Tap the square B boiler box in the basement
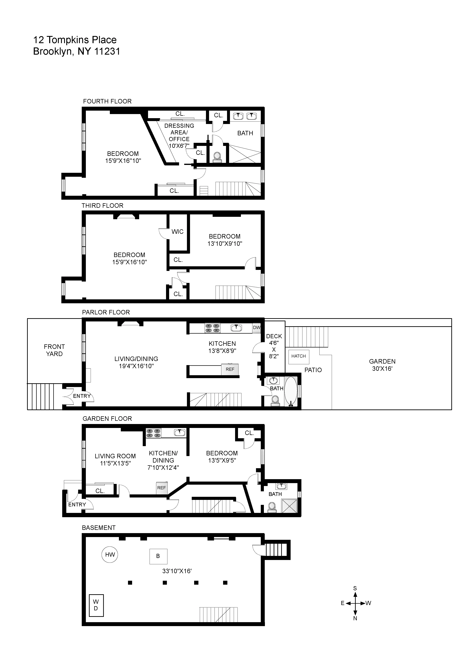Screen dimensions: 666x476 [158, 556]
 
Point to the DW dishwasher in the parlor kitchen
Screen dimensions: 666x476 [257, 327]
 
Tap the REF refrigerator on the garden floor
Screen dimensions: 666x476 [162, 488]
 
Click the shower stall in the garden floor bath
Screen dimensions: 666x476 [290, 506]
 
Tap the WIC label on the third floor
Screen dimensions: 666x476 [177, 232]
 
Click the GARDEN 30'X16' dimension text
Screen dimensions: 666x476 [382, 369]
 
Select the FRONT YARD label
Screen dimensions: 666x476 [54, 350]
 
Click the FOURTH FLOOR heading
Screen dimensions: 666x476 [107, 101]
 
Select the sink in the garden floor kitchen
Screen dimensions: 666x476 [179, 433]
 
